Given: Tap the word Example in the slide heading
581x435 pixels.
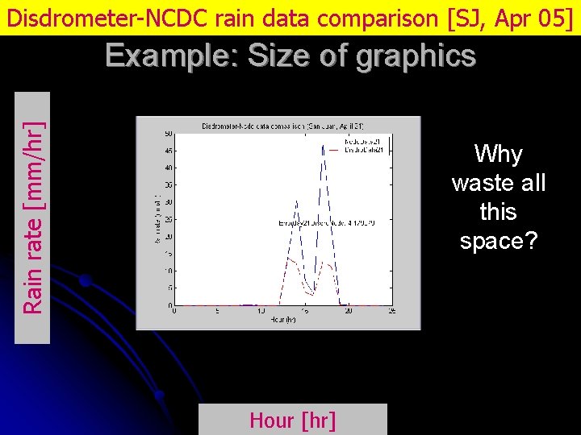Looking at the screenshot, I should point(169,56).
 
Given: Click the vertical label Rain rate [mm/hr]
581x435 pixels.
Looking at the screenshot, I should point(33,217).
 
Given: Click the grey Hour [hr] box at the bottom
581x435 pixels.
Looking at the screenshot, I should point(293,420).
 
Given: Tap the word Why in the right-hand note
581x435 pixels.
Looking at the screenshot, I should point(498,154).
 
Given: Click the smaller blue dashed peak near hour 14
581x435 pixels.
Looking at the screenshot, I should point(296,201).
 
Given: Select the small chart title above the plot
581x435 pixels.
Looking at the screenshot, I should point(282,126).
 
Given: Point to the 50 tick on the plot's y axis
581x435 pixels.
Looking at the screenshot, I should point(168,134).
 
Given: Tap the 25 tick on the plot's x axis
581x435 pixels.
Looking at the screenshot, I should point(391,311).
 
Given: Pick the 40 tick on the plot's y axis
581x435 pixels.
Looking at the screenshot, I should point(168,168).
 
